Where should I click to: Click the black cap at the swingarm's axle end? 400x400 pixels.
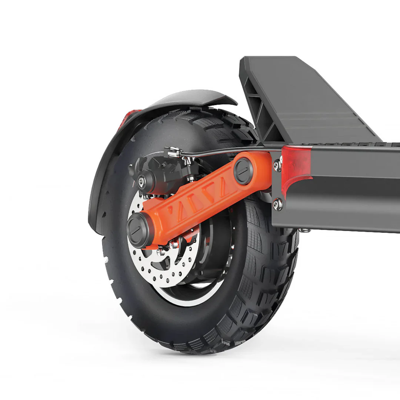138,230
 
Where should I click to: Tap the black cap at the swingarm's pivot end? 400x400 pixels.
244,171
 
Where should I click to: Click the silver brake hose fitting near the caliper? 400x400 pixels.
172,151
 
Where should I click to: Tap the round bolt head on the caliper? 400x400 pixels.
141,181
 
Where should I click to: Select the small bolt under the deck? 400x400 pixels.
305,230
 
